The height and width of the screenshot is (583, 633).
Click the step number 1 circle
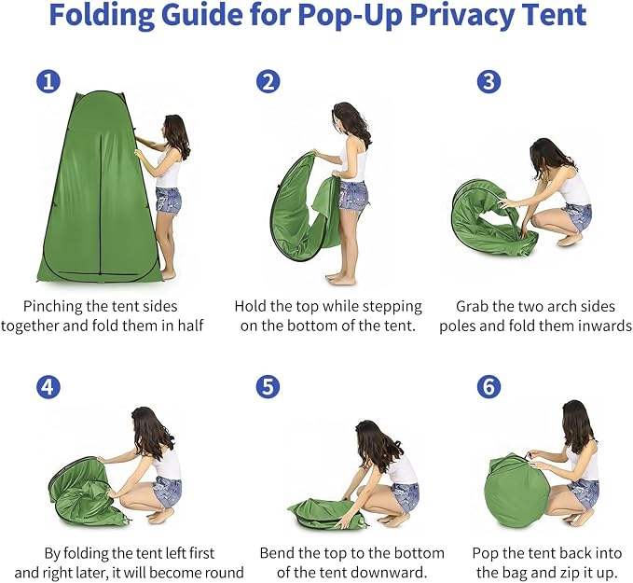click(x=48, y=81)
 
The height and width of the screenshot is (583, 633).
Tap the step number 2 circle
click(x=268, y=81)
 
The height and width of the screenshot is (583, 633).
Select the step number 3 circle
click(x=489, y=81)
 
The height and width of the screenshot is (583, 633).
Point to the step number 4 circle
click(x=48, y=387)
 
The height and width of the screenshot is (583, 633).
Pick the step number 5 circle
click(x=268, y=387)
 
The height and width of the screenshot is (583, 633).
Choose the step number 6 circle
click(x=489, y=387)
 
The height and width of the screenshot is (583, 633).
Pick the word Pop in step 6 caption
click(x=486, y=553)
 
